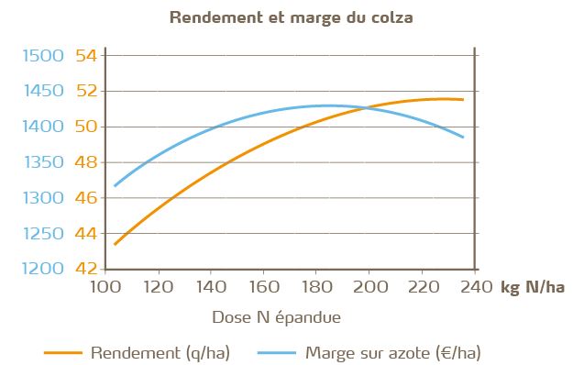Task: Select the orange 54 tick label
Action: point(87,56)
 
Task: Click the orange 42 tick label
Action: point(87,269)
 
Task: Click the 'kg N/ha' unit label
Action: point(533,288)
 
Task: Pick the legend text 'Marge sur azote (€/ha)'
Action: point(393,351)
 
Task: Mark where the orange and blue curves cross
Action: point(367,108)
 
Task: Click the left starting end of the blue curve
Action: point(114,186)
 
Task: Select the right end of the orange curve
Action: point(463,99)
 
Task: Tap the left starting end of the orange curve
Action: point(114,245)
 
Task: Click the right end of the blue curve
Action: point(463,137)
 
